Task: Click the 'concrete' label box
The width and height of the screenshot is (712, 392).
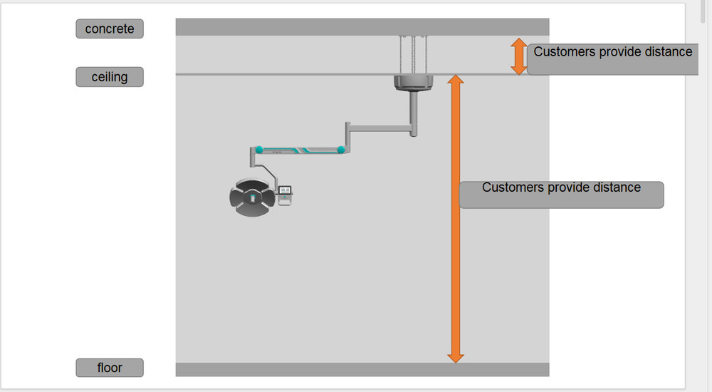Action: pyautogui.click(x=110, y=29)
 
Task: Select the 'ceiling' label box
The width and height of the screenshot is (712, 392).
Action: pyautogui.click(x=110, y=77)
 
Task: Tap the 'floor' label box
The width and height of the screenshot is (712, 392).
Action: pyautogui.click(x=110, y=368)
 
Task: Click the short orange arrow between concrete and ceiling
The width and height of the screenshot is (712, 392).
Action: pyautogui.click(x=518, y=56)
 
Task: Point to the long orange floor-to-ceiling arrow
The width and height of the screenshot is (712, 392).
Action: pyautogui.click(x=456, y=219)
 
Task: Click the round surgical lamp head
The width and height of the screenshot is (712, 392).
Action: pyautogui.click(x=253, y=197)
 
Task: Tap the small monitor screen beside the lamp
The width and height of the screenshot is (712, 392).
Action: pyautogui.click(x=285, y=190)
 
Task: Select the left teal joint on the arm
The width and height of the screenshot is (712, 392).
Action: pyautogui.click(x=259, y=150)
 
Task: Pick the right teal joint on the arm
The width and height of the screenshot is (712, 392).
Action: pyautogui.click(x=341, y=150)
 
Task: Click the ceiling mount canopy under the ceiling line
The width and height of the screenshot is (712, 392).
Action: pyautogui.click(x=413, y=83)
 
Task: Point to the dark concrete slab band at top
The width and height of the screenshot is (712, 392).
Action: pyautogui.click(x=362, y=27)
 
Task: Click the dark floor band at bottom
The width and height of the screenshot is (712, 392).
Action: pyautogui.click(x=362, y=369)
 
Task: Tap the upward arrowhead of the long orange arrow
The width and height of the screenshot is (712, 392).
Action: pyautogui.click(x=456, y=79)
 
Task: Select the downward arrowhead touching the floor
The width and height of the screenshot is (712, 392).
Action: pyautogui.click(x=456, y=358)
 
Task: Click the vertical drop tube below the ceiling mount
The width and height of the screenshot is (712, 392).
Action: pyautogui.click(x=414, y=114)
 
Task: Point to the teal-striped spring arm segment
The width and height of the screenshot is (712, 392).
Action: pyautogui.click(x=300, y=150)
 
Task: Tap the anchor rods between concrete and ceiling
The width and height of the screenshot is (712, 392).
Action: pyautogui.click(x=413, y=55)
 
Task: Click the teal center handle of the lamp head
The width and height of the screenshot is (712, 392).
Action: pyautogui.click(x=253, y=198)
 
